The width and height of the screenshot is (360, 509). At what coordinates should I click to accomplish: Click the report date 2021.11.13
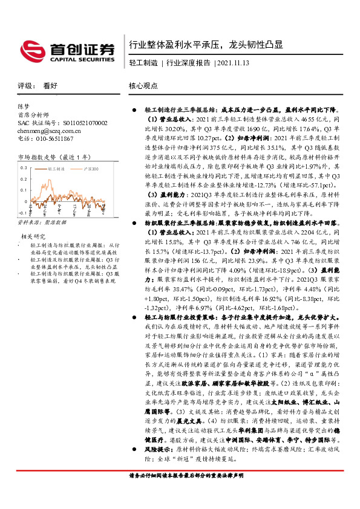point(235,62)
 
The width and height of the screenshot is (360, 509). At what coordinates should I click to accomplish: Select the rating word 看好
point(50,86)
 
